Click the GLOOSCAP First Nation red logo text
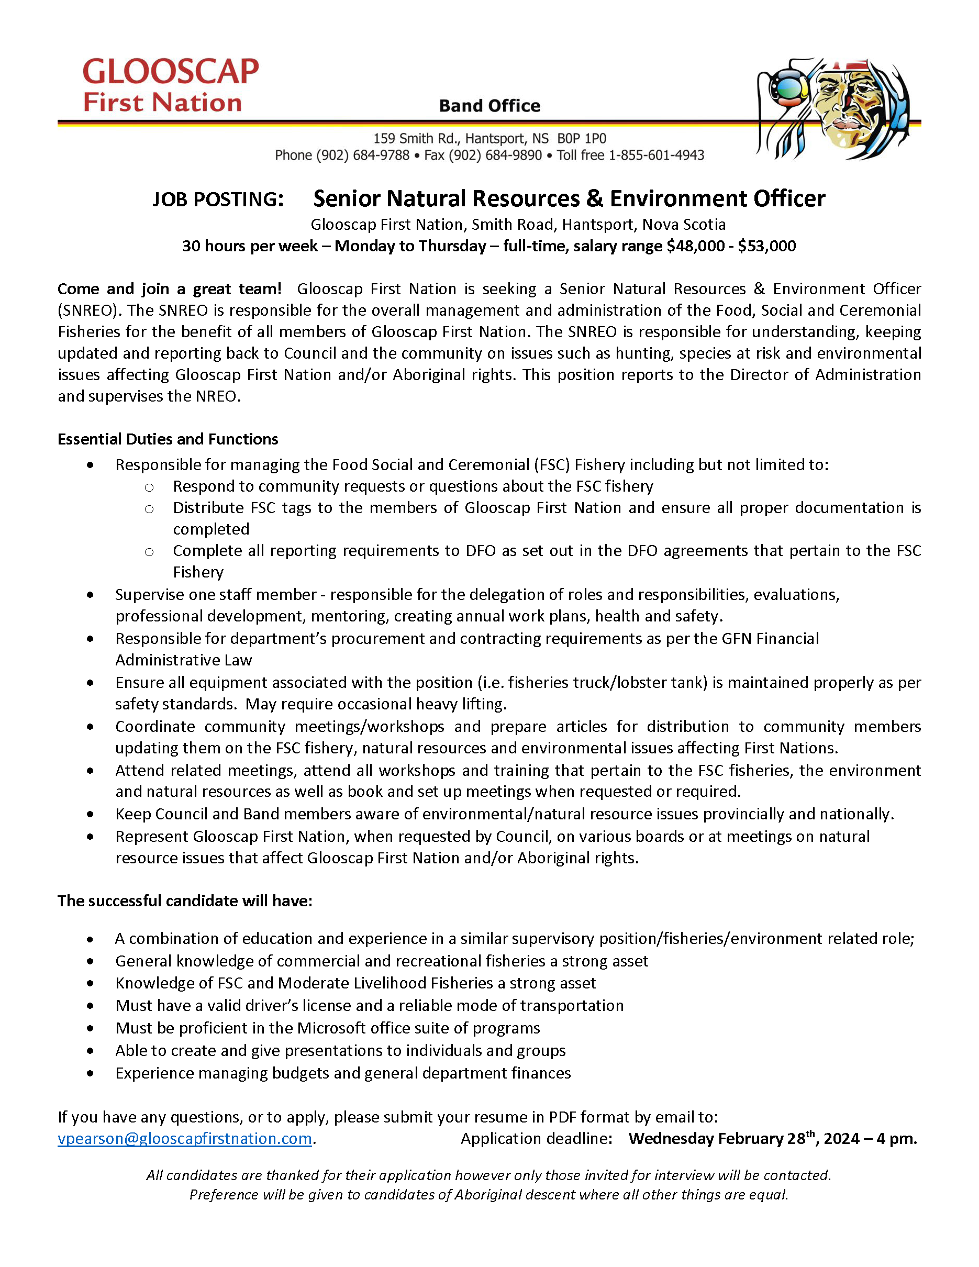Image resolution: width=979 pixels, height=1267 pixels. coord(170,85)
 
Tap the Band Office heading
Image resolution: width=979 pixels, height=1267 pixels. coord(489,106)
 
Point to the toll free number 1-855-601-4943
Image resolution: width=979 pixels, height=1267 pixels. coord(655,155)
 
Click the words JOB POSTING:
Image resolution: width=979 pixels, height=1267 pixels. coord(218,199)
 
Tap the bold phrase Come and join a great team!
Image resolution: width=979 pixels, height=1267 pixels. coord(169,289)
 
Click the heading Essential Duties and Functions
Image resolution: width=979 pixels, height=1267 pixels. coord(168,439)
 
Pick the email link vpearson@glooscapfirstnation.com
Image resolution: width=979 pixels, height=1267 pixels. coord(184,1139)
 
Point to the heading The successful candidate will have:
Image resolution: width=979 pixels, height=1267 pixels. coord(184,901)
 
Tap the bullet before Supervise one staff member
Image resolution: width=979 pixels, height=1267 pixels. coord(91,595)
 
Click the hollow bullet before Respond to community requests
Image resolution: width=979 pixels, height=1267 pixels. coord(149,487)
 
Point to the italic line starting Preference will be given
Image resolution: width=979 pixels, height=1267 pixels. coord(488,1195)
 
